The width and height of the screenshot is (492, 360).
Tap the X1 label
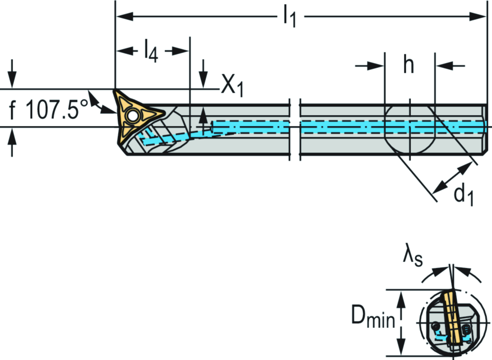pos(233,86)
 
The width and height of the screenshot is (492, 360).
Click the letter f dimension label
pos(12,111)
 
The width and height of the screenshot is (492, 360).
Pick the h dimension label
pos(408,66)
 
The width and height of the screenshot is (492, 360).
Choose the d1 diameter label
pos(464,195)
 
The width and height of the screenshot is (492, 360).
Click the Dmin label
pos(372,318)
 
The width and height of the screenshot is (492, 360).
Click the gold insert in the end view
pos(452,316)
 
